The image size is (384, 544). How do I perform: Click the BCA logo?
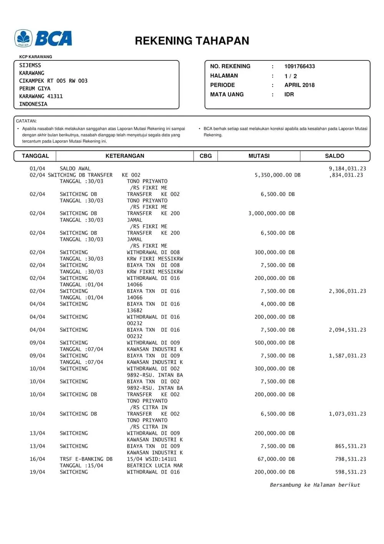coord(43,38)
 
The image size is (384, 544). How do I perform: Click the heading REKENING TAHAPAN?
coord(192,41)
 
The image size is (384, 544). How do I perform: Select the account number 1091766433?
coord(300,66)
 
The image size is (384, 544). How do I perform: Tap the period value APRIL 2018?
coord(299,85)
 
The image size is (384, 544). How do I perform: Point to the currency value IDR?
coord(289,94)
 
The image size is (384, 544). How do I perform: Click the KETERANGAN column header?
coord(125,156)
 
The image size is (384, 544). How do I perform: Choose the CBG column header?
coord(205,156)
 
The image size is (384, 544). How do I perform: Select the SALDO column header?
coord(334,156)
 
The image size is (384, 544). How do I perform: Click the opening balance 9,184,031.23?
coord(347,168)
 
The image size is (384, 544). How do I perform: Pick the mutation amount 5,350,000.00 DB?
coord(277,175)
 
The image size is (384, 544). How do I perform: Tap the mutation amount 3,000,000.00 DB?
coord(271,213)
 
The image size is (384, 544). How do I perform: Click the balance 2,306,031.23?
coord(347,291)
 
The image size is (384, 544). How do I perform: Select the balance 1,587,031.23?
coord(347,356)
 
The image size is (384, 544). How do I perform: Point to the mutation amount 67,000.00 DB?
coord(276,459)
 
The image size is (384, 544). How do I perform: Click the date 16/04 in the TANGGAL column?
coord(37,459)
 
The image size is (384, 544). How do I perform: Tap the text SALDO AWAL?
coord(75,168)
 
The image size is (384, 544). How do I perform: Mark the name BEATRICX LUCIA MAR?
coord(155,466)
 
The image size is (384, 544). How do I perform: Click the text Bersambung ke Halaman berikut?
coord(315,485)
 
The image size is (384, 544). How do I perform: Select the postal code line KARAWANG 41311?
coord(41,96)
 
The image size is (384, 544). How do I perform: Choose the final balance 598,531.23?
coord(350,472)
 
